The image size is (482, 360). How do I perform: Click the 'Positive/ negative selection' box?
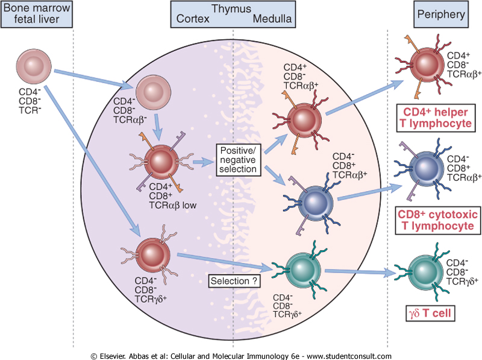pos(238,159)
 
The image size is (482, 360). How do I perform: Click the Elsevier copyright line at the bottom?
pos(241,355)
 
